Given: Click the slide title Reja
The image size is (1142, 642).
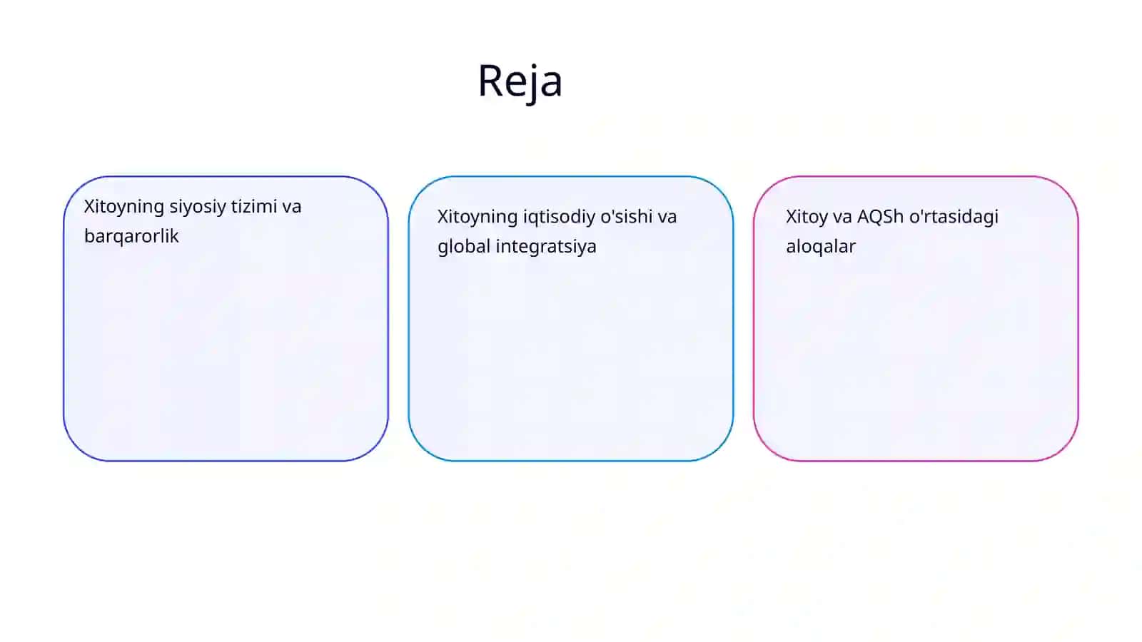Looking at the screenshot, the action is tap(520, 81).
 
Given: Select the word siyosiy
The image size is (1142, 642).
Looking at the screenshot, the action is tap(197, 208).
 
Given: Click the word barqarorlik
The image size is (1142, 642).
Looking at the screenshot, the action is tap(131, 236).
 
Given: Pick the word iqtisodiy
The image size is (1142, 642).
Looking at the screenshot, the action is tap(559, 218).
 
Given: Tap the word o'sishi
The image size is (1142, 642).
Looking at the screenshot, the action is tap(627, 216).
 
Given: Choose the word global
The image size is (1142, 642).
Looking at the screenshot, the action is tap(464, 247).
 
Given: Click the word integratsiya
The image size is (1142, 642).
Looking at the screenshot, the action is tap(545, 247).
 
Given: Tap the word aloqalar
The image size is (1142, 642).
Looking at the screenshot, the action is tap(821, 246).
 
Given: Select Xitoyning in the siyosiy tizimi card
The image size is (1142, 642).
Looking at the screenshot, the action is tap(124, 208).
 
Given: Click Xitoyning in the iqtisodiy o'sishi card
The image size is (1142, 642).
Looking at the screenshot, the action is tap(477, 218).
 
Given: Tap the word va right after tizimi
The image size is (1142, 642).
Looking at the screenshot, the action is tap(292, 208).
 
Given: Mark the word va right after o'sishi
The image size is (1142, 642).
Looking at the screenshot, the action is tap(667, 218).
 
